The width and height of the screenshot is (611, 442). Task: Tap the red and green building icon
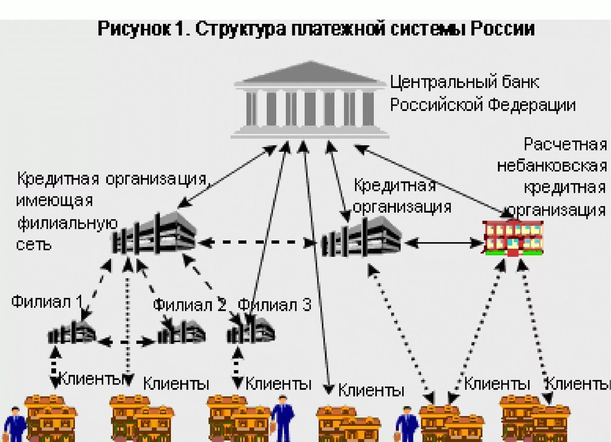pos(513,237)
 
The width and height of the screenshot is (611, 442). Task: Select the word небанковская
pos(552,166)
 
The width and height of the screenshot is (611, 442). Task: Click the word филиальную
pos(67,223)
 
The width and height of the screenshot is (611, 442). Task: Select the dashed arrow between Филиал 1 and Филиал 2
pos(127,342)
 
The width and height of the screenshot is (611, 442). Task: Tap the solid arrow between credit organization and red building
pos(443,243)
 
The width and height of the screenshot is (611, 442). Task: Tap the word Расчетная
pos(566,145)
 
